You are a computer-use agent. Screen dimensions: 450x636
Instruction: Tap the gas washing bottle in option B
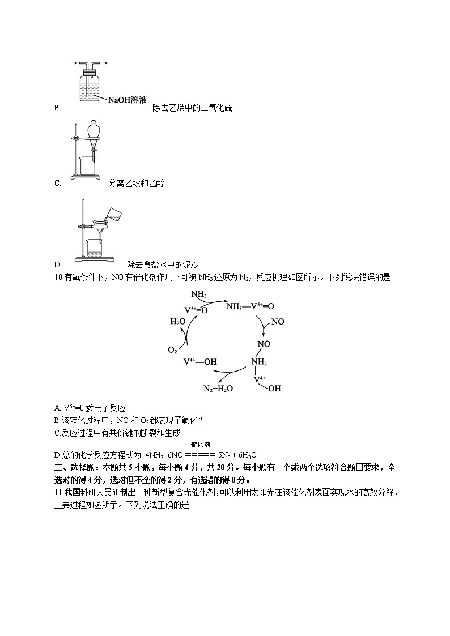click(x=86, y=85)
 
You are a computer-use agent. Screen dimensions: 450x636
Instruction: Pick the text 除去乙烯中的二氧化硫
click(x=192, y=108)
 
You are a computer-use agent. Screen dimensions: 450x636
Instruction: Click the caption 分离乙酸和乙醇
click(x=136, y=183)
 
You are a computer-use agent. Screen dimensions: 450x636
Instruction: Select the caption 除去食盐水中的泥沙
click(x=163, y=264)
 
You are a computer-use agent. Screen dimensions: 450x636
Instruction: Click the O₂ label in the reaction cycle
click(x=173, y=350)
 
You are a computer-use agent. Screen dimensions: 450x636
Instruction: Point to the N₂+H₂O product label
click(x=218, y=389)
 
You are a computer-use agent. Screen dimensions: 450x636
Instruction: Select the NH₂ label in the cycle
click(x=260, y=362)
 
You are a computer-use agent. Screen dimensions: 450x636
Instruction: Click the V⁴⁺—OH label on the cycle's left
click(x=199, y=361)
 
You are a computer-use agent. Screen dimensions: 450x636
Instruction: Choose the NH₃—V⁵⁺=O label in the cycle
click(x=250, y=306)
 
